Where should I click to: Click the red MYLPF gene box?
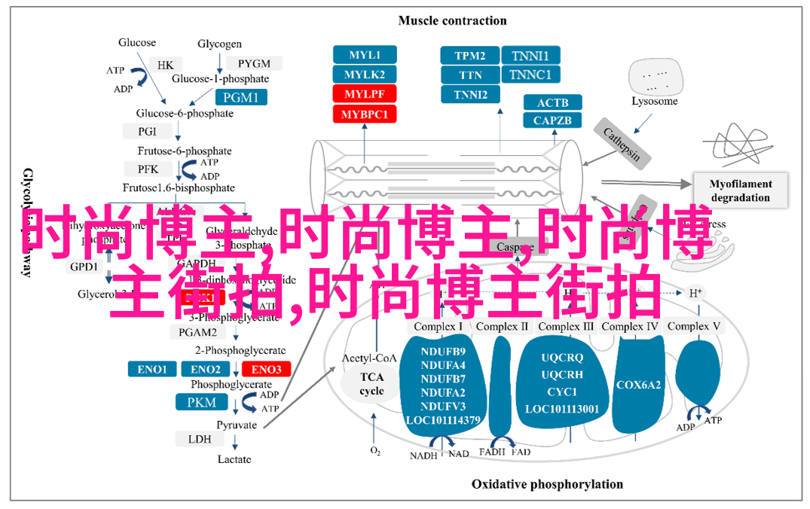(365, 94)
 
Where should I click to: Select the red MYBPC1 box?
(365, 114)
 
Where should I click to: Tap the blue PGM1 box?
(240, 97)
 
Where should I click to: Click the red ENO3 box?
(266, 369)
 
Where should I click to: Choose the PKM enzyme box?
(201, 403)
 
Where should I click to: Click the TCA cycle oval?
(371, 384)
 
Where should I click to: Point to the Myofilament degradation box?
(741, 190)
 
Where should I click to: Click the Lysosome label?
(654, 101)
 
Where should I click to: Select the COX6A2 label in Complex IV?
(638, 385)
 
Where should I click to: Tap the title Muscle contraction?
(452, 20)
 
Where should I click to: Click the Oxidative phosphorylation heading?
(547, 484)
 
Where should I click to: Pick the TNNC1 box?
(530, 75)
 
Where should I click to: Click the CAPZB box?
(552, 120)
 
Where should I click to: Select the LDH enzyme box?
(200, 439)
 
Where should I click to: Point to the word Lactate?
(234, 459)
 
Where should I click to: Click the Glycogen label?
(220, 44)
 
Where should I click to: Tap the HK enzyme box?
(166, 64)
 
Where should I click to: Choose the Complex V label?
(694, 326)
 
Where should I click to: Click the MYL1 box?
(365, 55)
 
